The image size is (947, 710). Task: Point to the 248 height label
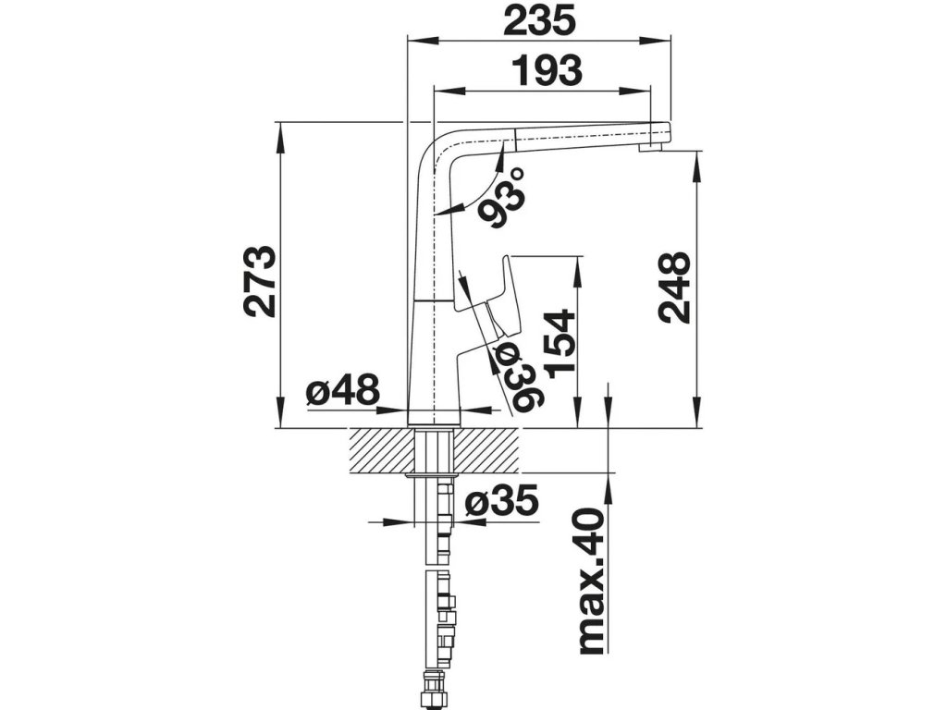[x=675, y=287]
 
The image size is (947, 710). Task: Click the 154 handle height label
[x=561, y=344]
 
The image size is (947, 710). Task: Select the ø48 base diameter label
[x=342, y=393]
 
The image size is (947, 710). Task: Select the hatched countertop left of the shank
[x=379, y=450]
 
